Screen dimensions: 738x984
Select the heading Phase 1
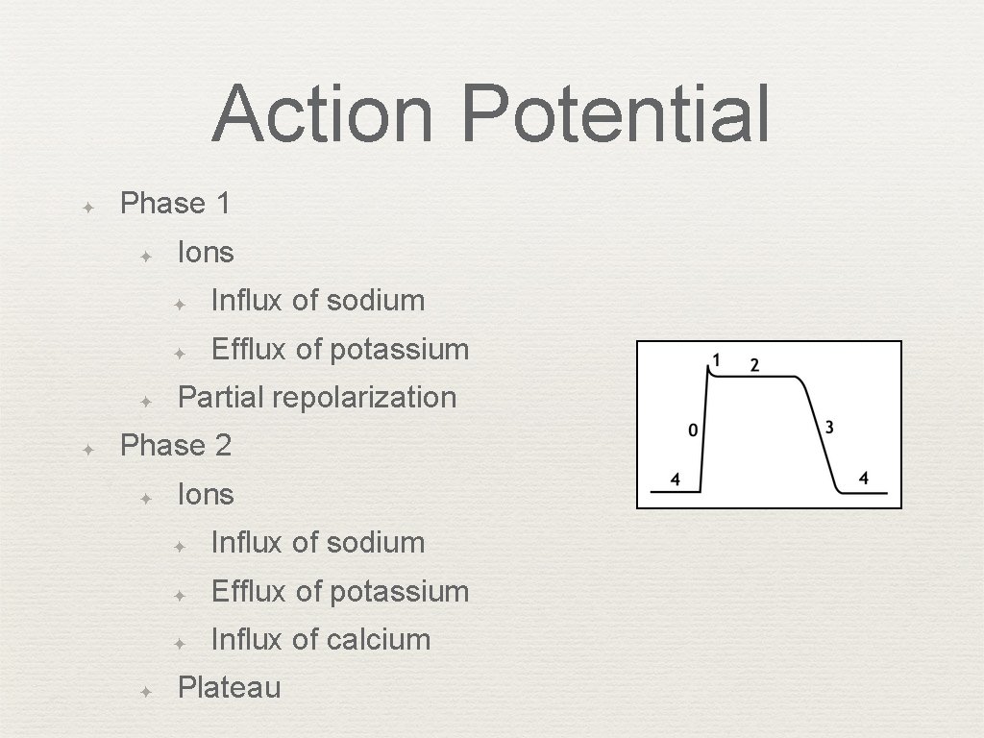click(x=175, y=204)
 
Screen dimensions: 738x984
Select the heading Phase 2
click(x=175, y=446)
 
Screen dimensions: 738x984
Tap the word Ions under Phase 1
click(x=206, y=253)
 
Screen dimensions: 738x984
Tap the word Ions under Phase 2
click(x=206, y=495)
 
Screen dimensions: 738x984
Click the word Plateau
click(x=230, y=688)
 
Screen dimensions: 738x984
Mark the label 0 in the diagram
click(x=693, y=430)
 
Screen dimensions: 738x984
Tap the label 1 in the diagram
click(x=715, y=360)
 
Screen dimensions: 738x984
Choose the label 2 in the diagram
click(x=754, y=365)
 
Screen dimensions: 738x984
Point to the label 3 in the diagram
click(x=828, y=426)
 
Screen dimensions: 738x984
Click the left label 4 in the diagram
click(x=675, y=479)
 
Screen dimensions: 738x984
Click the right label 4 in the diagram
click(x=863, y=478)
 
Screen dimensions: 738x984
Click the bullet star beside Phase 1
click(x=86, y=206)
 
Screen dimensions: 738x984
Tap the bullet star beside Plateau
click(x=145, y=690)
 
